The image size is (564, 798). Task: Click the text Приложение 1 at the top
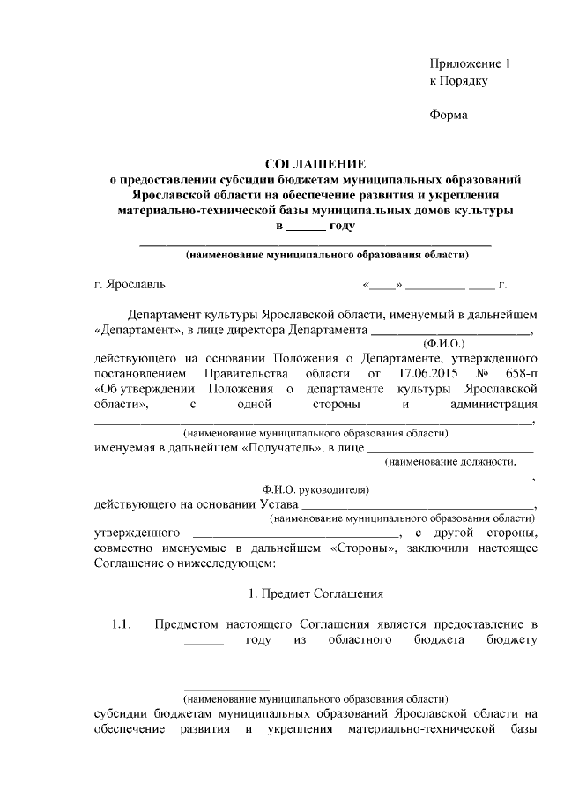point(470,64)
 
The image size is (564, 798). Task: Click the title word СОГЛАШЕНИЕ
point(315,163)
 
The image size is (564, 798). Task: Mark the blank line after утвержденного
point(296,534)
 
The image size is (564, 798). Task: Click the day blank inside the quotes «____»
point(382,286)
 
